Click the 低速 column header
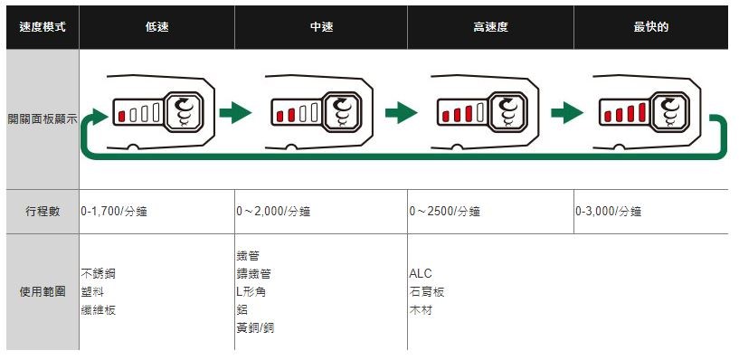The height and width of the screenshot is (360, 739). (x=157, y=27)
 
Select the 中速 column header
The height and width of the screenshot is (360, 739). (x=321, y=27)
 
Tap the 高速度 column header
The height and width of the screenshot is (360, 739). (x=490, y=27)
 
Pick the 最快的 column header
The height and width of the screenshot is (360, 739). (x=651, y=27)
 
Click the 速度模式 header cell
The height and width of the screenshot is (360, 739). (x=43, y=27)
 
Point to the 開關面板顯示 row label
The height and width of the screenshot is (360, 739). (x=43, y=118)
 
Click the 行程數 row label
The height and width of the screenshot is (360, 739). (x=43, y=212)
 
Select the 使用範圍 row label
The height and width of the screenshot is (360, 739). (x=43, y=292)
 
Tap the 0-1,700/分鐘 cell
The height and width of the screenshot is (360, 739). (x=114, y=212)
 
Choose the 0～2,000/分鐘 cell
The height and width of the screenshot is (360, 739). (x=273, y=212)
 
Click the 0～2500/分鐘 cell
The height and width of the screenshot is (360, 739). (x=444, y=212)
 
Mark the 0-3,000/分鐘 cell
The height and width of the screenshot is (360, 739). (x=608, y=212)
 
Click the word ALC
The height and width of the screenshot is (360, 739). (x=421, y=274)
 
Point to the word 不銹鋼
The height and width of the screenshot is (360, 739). (x=98, y=274)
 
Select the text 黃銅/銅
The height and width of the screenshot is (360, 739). (x=255, y=328)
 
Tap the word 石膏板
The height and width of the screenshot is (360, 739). (x=427, y=292)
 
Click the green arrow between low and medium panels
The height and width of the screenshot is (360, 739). (x=235, y=113)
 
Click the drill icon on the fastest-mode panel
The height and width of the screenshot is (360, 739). (x=670, y=112)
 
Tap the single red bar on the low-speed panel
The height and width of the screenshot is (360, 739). (x=121, y=116)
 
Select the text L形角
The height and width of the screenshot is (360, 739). (x=251, y=292)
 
